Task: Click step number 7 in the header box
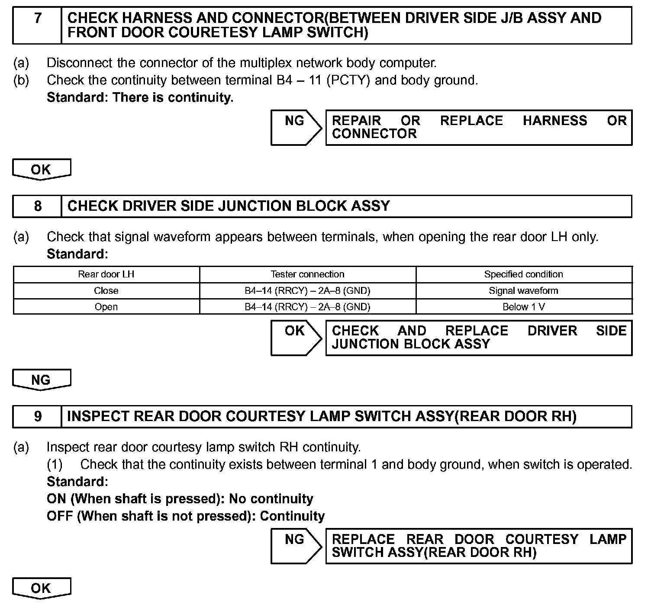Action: [38, 19]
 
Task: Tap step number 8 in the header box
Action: [38, 206]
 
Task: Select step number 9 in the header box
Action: [38, 416]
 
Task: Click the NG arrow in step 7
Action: [296, 127]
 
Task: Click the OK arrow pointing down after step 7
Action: [41, 169]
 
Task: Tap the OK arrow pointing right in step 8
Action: [296, 338]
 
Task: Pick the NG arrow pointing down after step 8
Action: [41, 380]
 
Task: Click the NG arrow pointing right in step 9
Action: [296, 546]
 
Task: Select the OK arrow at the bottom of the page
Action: [41, 588]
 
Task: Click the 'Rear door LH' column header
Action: [106, 274]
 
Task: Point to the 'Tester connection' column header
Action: [307, 274]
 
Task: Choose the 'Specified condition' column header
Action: [523, 274]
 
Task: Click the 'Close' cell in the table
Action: [106, 291]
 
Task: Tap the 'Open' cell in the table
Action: [106, 307]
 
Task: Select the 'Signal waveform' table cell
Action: [523, 291]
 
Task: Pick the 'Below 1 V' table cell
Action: [523, 307]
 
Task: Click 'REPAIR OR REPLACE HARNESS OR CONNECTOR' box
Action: [478, 127]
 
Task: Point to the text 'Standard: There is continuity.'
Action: [140, 97]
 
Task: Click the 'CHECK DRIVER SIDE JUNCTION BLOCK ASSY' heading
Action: [229, 206]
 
